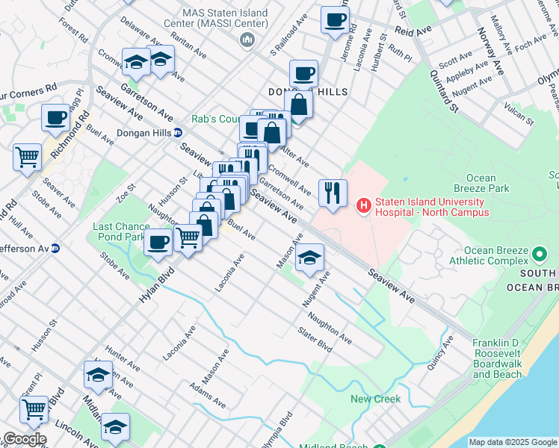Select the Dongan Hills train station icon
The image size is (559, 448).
coord(178,133)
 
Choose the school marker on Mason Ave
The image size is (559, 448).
coord(310,258)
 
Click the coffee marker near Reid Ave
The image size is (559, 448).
coord(335,19)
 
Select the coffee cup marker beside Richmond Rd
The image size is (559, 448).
coord(55,117)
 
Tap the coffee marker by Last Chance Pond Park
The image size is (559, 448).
coord(158,243)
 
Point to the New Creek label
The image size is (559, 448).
coord(376,399)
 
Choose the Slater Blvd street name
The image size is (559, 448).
coord(315,340)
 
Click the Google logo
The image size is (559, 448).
coord(24,439)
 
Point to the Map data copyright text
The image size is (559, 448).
coord(513,442)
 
